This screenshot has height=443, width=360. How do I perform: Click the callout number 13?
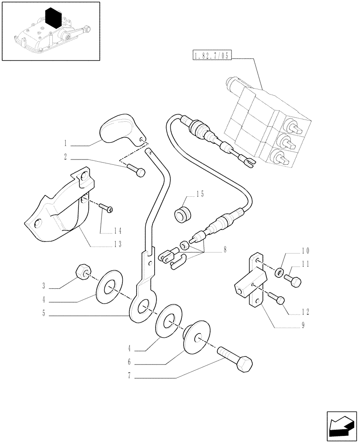pyautogui.click(x=117, y=244)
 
